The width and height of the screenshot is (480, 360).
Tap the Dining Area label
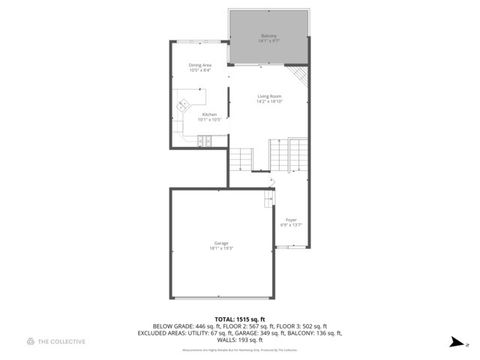pos(200,65)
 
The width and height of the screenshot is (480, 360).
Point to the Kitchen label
pos(209,114)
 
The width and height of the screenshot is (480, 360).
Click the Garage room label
pos(221,243)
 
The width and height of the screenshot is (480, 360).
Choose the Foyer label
pos(290,219)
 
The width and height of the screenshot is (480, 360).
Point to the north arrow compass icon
pos(453,340)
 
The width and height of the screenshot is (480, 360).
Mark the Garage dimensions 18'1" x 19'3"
pos(221,248)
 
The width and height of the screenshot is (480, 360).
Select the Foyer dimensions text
pos(290,225)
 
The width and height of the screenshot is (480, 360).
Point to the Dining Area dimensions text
pos(200,70)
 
